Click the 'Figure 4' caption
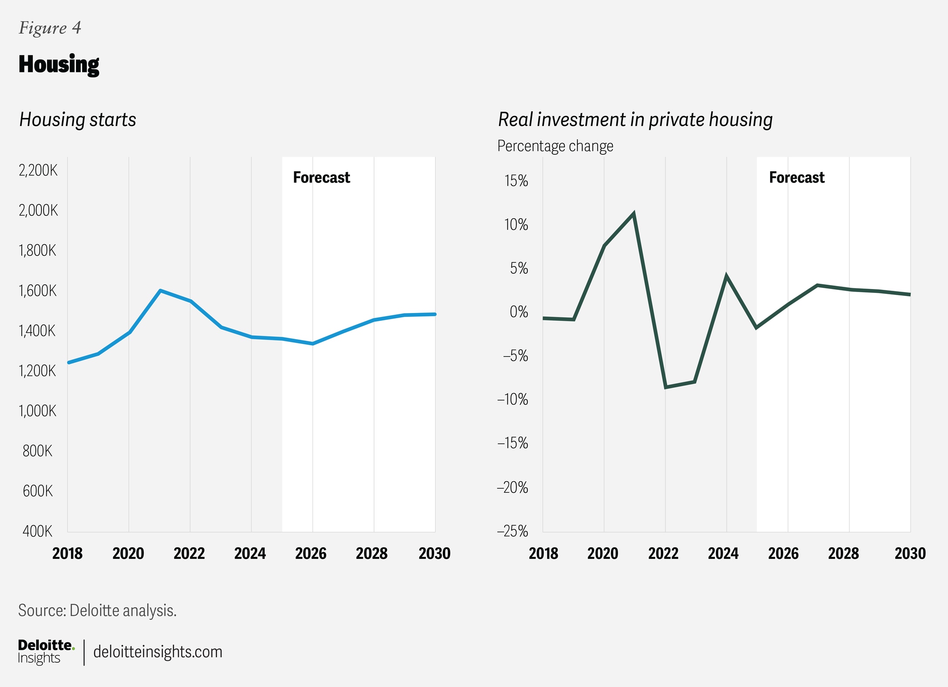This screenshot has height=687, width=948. point(50,28)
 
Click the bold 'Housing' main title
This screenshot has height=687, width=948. point(59,65)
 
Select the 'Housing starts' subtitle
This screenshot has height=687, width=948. point(78,119)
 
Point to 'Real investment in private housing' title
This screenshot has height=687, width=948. point(635,119)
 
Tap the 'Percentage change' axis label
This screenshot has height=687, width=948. point(555,146)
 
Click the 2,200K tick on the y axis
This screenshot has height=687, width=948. point(38,170)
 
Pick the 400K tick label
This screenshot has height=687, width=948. point(37,531)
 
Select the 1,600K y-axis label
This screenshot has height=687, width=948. point(37,291)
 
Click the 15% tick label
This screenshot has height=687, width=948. point(516,181)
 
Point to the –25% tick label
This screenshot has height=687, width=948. point(513,531)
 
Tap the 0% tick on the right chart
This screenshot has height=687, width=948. point(519,312)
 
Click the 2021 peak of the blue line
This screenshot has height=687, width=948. point(160,290)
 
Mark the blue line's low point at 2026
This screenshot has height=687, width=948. point(313,344)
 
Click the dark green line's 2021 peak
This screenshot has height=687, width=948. point(634,213)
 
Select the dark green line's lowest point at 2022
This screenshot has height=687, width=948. point(666,387)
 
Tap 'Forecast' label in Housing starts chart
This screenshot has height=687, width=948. point(321,177)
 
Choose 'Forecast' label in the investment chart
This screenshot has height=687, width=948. point(796,177)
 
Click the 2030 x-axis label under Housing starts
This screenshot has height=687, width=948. point(435,554)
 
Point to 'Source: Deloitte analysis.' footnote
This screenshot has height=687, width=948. point(97,611)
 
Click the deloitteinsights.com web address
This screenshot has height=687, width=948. point(158,652)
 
